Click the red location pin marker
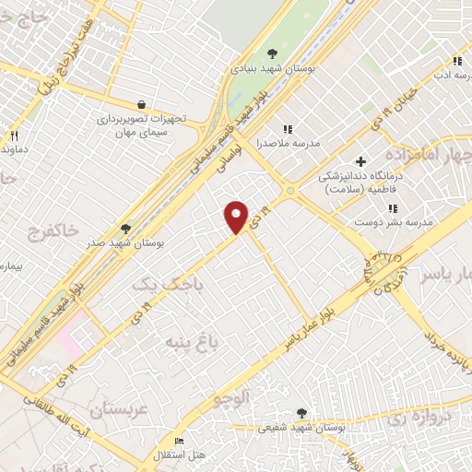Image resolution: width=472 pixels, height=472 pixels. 237,216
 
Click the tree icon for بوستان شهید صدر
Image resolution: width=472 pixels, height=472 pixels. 125,229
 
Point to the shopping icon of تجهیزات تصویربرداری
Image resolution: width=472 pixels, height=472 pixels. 140,105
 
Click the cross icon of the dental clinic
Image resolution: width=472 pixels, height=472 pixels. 361,162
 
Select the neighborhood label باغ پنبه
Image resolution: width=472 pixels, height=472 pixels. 192,343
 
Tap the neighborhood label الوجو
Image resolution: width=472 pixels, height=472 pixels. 231,398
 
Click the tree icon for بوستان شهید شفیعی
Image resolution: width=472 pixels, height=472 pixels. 301,413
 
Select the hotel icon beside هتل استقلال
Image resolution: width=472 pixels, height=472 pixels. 179,442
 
